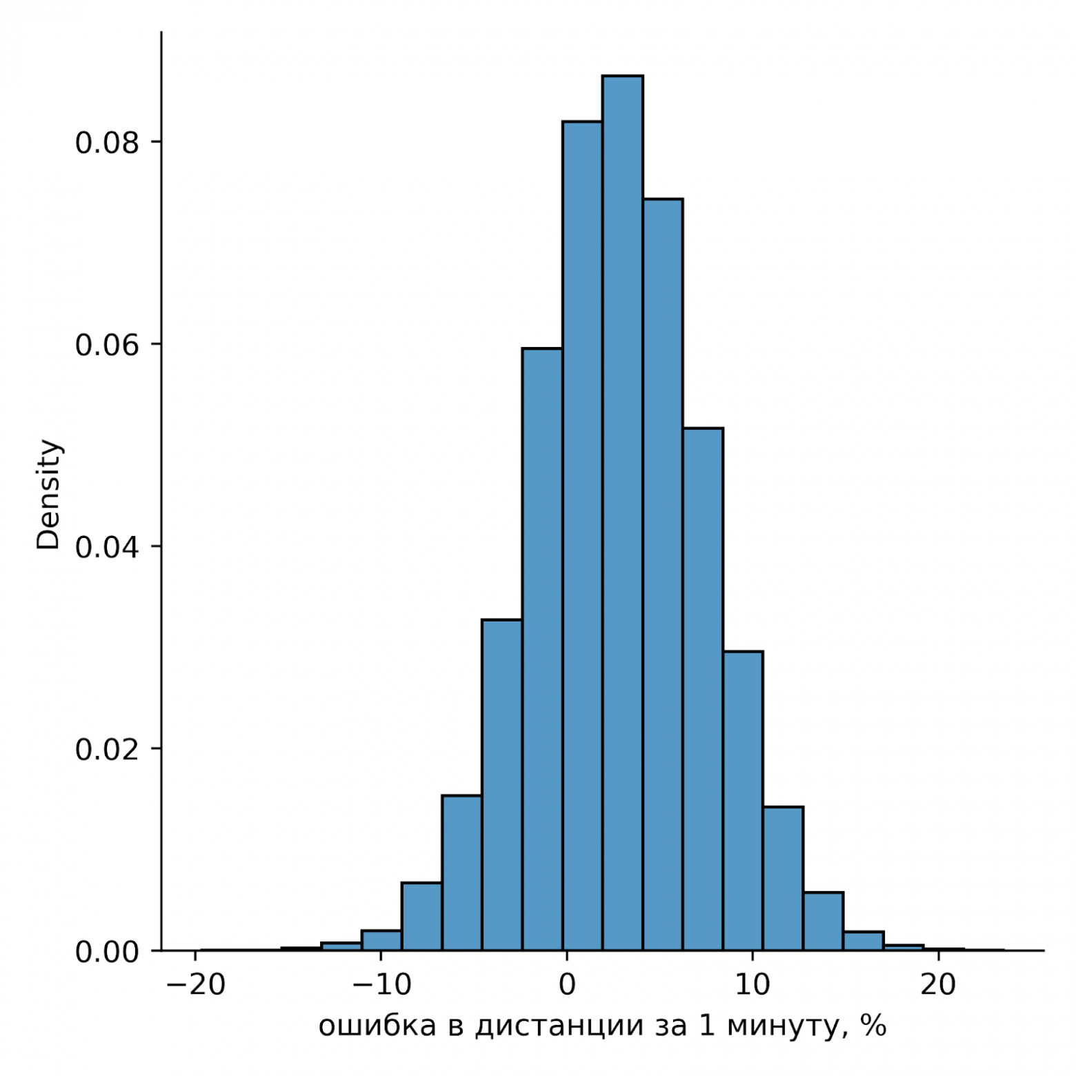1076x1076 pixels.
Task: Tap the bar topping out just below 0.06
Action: click(542, 649)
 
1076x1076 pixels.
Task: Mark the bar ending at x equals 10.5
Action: click(743, 800)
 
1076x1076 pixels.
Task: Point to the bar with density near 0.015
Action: click(462, 873)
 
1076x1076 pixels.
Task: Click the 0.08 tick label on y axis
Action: click(107, 143)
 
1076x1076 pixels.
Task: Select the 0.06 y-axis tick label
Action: click(107, 345)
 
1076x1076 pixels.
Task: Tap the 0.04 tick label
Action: click(107, 547)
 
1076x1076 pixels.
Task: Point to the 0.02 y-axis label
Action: click(107, 749)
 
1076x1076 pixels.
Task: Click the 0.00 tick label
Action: click(107, 952)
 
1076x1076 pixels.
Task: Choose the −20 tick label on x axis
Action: click(196, 985)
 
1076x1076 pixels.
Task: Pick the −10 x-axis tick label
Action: click(381, 985)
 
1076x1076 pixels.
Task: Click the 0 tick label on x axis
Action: click(567, 985)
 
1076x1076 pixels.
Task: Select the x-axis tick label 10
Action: click(753, 985)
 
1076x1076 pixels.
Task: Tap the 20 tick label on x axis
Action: click(938, 985)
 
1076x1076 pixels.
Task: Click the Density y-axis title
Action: click(49, 494)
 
